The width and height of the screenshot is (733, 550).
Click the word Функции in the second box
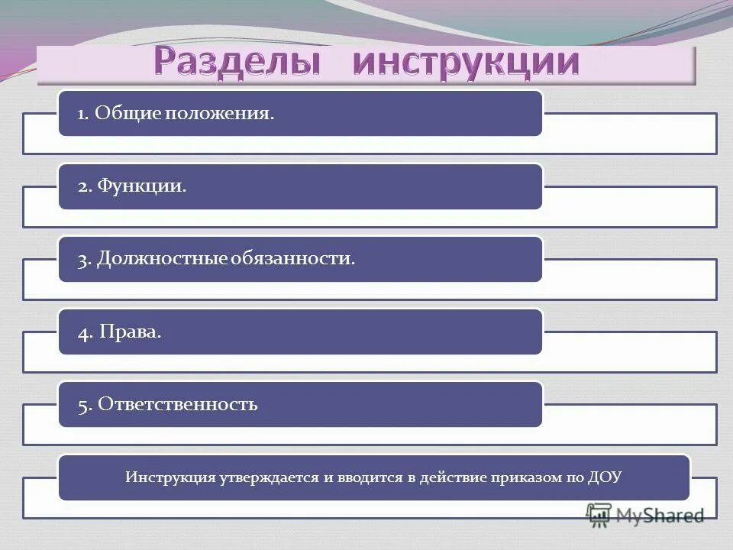[x=142, y=186]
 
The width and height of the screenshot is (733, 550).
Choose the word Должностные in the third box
[x=160, y=259]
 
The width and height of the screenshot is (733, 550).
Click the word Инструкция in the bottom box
[x=169, y=478]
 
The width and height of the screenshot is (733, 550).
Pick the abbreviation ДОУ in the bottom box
[x=605, y=478]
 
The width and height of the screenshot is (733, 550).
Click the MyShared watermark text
[x=660, y=516]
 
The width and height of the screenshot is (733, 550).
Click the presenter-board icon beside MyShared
[x=599, y=516]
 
